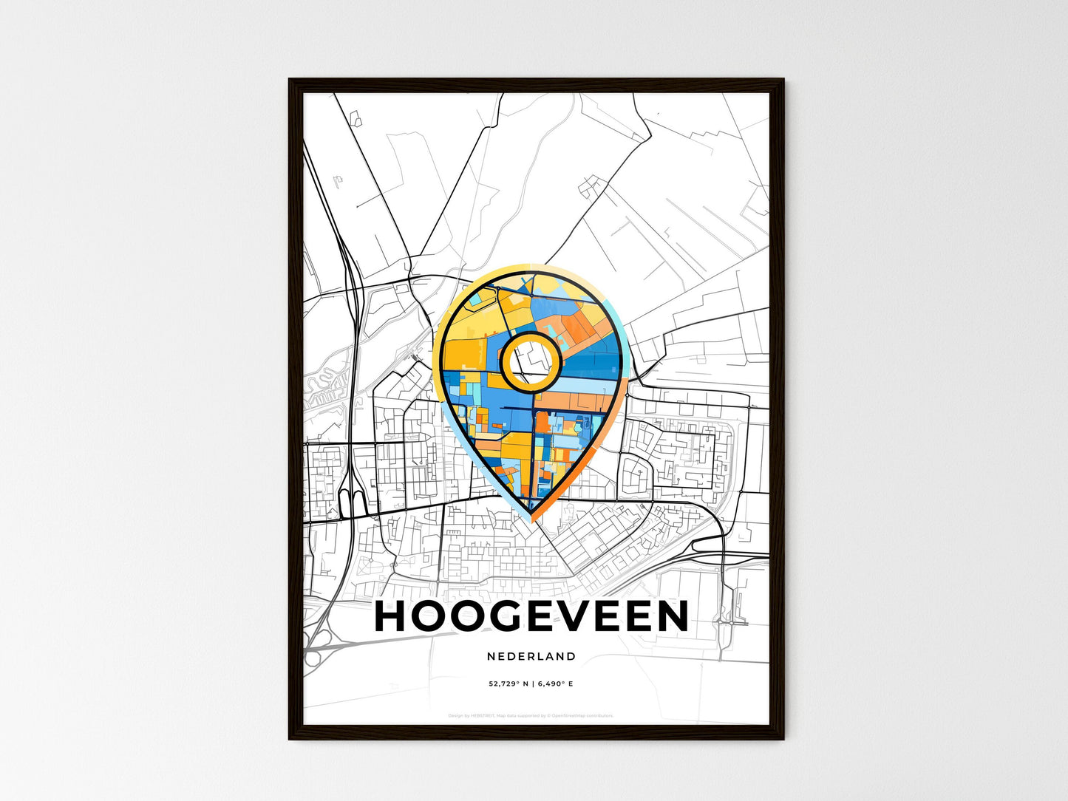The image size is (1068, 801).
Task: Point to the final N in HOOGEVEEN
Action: click(x=672, y=616)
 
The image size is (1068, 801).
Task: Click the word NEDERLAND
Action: click(x=531, y=656)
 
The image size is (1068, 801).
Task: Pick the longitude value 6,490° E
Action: click(x=555, y=684)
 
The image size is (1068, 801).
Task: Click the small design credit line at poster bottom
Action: click(x=531, y=715)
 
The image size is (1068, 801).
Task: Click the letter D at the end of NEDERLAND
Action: click(x=571, y=656)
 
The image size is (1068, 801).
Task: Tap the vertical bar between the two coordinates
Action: click(x=532, y=684)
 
